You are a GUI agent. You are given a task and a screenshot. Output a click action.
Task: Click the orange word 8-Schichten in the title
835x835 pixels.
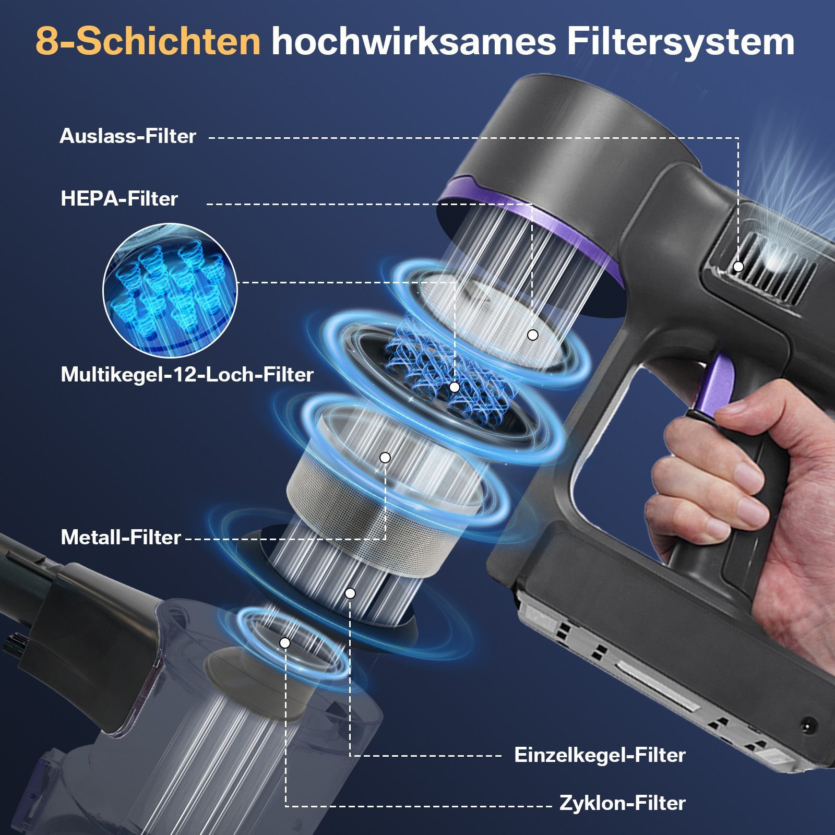148,42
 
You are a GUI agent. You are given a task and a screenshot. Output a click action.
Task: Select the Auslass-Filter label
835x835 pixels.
128,136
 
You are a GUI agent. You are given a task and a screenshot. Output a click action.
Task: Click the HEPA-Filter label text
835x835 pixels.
119,199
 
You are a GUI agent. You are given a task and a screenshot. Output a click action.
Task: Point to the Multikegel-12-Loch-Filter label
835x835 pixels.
187,375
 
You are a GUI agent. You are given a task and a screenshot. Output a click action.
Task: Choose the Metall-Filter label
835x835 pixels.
121,538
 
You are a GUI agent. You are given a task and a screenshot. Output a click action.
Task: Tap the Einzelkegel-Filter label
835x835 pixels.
600,755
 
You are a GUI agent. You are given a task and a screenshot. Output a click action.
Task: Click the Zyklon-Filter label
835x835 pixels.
622,803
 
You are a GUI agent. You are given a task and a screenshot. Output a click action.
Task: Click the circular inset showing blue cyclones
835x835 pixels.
170,291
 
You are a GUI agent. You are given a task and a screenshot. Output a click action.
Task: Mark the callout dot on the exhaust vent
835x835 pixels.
738,266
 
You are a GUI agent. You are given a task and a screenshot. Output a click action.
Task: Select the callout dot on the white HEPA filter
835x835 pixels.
532,335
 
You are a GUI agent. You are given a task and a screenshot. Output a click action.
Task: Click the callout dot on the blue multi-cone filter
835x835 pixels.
455,387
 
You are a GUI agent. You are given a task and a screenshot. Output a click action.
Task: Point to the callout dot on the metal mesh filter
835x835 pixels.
385,458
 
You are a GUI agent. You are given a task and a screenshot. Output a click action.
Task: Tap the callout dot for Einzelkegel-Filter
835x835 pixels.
350,593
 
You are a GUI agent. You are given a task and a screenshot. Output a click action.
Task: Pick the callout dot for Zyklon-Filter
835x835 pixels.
285,643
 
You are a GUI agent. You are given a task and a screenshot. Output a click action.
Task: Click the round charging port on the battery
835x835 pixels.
809,725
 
